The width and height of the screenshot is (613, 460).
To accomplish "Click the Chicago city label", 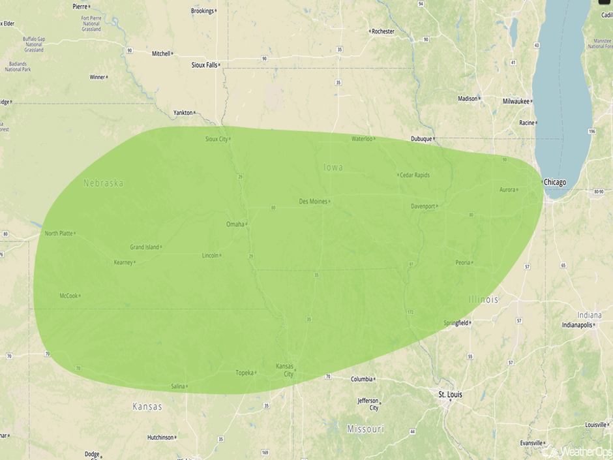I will click(x=555, y=182).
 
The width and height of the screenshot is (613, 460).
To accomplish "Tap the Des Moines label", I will click(x=313, y=201).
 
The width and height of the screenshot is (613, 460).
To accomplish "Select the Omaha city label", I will click(x=235, y=224).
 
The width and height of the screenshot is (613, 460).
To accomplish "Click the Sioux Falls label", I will click(x=204, y=65).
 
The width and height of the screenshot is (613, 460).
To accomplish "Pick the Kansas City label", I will click(x=286, y=370).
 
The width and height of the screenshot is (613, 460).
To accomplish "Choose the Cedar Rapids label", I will click(x=415, y=175).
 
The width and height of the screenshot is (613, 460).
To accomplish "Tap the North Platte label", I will click(x=59, y=233).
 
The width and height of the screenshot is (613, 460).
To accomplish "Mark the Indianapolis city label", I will click(x=578, y=325).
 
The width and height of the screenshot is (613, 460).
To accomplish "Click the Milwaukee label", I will click(x=516, y=101).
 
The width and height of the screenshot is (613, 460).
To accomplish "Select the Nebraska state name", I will click(x=103, y=183).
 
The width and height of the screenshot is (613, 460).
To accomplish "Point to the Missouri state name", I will click(x=365, y=429).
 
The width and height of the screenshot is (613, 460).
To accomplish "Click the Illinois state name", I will click(x=483, y=299).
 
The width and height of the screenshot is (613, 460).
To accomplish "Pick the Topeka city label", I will click(x=244, y=373).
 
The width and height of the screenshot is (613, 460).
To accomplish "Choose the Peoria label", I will click(x=463, y=262).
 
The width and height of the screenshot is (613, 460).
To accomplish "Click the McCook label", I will click(x=68, y=296).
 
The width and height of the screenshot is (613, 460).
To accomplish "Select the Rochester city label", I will click(x=383, y=31).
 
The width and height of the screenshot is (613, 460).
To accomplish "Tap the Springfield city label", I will click(x=456, y=323).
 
